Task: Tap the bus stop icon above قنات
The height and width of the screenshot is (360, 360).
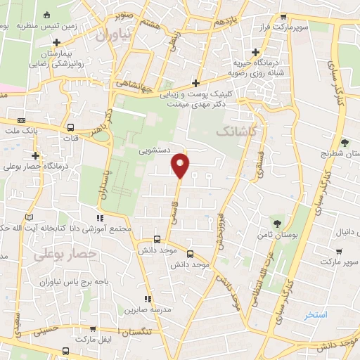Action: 70,128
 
